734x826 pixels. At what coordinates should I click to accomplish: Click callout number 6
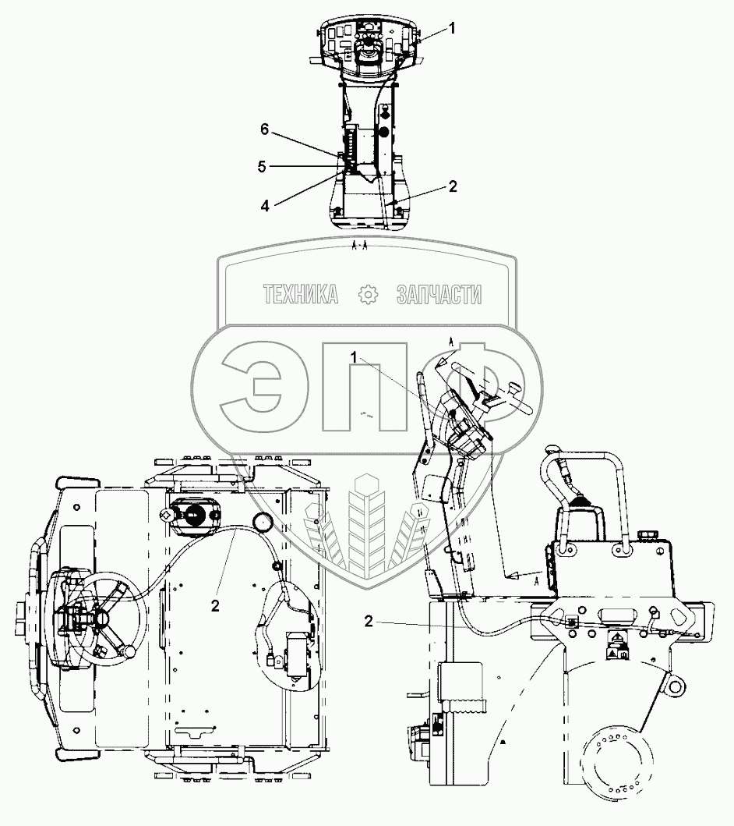point(265,129)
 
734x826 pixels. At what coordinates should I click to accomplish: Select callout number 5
point(262,167)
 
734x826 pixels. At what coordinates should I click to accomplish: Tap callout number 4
point(265,206)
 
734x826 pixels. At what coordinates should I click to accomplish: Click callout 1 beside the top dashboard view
point(452,28)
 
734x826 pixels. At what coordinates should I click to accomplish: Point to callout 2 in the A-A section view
point(453,186)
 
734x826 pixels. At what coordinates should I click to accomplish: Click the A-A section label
point(360,246)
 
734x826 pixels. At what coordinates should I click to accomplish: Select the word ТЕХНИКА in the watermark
point(301,295)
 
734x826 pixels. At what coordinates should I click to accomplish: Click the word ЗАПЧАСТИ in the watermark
point(439,295)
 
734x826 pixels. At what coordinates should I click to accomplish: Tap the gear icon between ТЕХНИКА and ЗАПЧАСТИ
point(368,295)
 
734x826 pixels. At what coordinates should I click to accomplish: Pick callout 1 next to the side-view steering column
point(354,358)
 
